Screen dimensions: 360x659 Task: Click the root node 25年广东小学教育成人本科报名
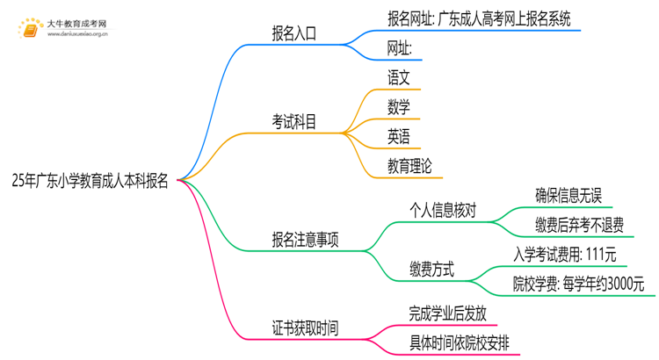tap(90, 181)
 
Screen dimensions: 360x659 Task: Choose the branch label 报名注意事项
tap(304, 240)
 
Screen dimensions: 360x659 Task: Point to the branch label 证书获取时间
tap(304, 328)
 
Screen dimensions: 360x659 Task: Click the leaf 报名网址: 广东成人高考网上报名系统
tap(480, 18)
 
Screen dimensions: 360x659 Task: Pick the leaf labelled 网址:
tap(400, 47)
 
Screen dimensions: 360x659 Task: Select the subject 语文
tap(398, 76)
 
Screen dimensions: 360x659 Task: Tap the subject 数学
tap(398, 106)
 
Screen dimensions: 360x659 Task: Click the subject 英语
tap(398, 136)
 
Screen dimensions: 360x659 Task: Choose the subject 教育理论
tap(409, 165)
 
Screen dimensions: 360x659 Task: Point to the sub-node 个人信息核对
tap(443, 210)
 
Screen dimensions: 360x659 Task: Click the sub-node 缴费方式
tap(431, 270)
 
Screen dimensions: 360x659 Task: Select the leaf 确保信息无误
tap(568, 195)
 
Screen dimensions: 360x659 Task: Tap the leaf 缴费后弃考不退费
tap(579, 225)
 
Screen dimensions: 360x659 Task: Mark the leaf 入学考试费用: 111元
tap(565, 255)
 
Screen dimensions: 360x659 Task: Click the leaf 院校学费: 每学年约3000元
tap(579, 284)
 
